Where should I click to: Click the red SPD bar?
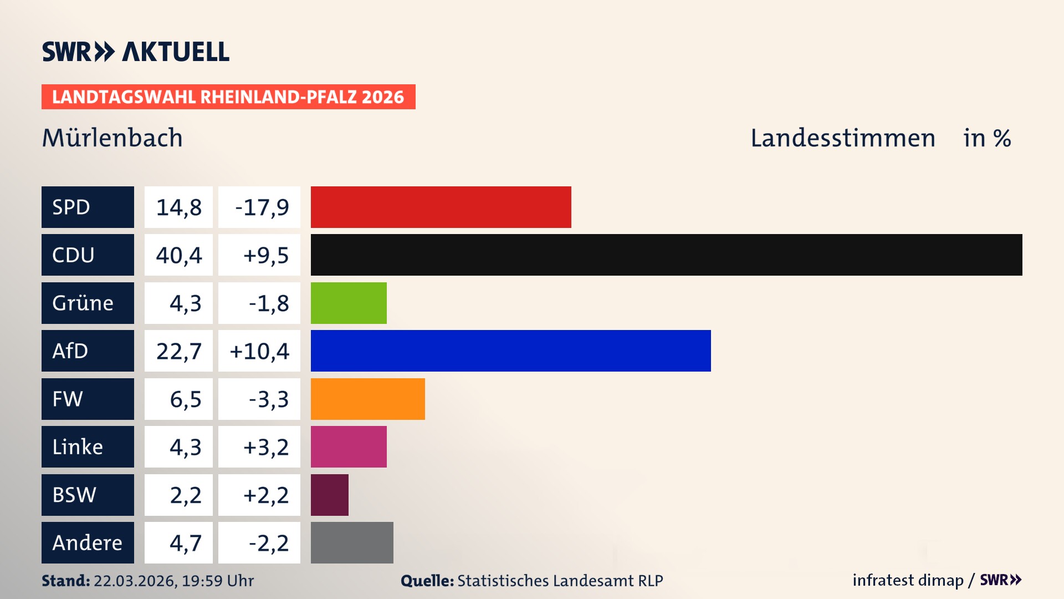[441, 207]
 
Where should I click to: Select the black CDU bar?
[666, 255]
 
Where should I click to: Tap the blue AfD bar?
[510, 351]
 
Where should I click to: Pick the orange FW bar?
[367, 399]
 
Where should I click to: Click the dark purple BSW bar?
[329, 495]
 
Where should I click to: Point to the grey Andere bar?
[352, 542]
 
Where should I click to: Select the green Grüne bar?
[349, 303]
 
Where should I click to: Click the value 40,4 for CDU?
[178, 255]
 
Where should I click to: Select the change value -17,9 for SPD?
[262, 207]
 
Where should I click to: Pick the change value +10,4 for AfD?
[259, 351]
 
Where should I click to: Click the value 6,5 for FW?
[185, 399]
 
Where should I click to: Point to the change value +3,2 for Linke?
[266, 447]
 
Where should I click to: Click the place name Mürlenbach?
[112, 138]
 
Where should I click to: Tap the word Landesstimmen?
[842, 138]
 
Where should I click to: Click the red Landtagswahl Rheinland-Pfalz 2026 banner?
[228, 97]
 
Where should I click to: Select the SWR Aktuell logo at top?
[136, 52]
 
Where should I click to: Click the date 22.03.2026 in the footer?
[135, 581]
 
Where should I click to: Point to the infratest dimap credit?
[908, 580]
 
